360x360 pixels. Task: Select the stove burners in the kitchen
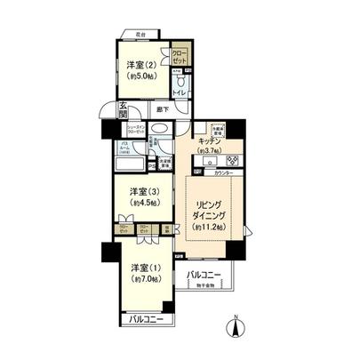pyautogui.click(x=235, y=161)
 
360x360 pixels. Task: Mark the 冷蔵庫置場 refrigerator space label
pyautogui.click(x=216, y=125)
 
